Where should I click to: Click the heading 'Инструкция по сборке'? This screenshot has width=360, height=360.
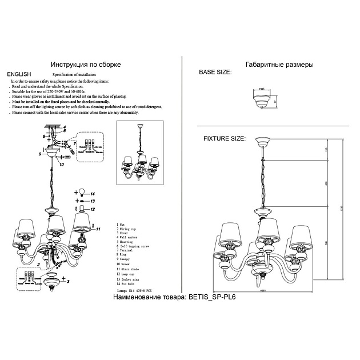coord(86,65)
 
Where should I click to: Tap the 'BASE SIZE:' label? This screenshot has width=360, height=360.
coord(215,74)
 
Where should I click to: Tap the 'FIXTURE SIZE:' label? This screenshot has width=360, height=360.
coord(225,138)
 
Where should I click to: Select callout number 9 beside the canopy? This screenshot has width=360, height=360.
coord(40,154)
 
